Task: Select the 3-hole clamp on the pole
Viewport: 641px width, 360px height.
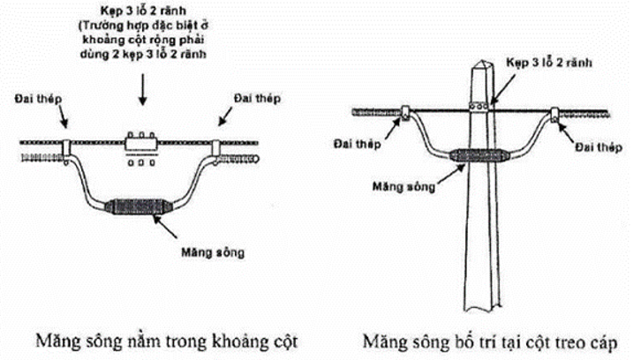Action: pyautogui.click(x=479, y=108)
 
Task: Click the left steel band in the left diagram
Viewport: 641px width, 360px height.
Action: pyautogui.click(x=66, y=145)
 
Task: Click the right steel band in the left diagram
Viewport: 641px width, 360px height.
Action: pyautogui.click(x=217, y=145)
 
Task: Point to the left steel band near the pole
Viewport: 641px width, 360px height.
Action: pyautogui.click(x=403, y=113)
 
